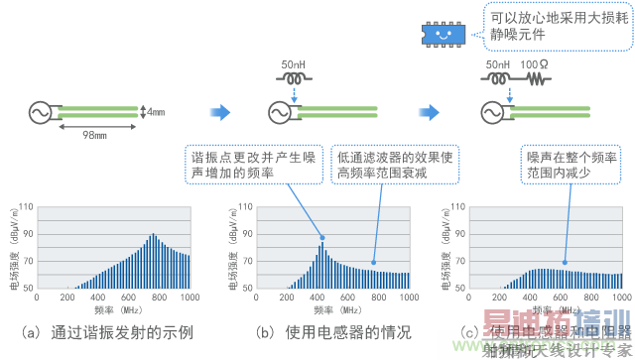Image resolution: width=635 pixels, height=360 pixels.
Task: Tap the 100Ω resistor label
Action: tap(540, 65)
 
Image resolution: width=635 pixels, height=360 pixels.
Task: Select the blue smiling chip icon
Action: tap(443, 32)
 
